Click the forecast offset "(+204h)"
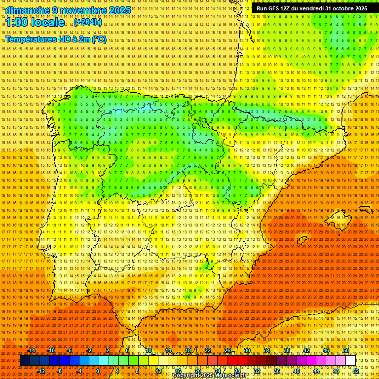point(88,22)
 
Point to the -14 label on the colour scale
point(32,350)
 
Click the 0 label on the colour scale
point(98,371)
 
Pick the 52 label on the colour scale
point(356,371)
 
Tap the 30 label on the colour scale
point(247,350)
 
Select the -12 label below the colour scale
point(41,371)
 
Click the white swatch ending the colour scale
point(351,361)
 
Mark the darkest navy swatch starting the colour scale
point(25,361)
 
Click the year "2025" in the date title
point(119,10)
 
